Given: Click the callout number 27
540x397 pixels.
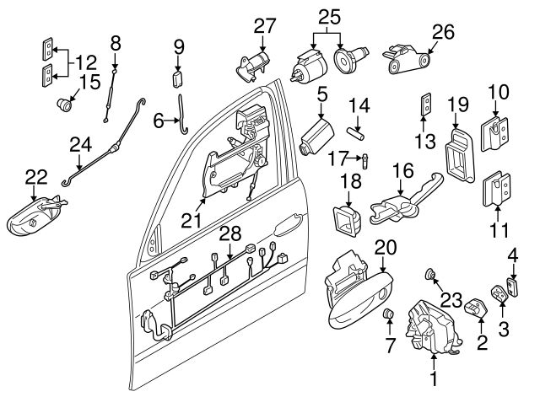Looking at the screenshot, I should pyautogui.click(x=265, y=25).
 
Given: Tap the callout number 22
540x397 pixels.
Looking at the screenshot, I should pyautogui.click(x=35, y=177).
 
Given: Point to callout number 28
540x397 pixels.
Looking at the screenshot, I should pyautogui.click(x=229, y=232).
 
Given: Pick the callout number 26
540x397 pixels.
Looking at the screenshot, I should pyautogui.click(x=443, y=32).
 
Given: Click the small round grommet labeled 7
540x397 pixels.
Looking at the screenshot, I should pyautogui.click(x=390, y=315).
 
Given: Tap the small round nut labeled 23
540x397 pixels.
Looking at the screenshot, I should pyautogui.click(x=430, y=273).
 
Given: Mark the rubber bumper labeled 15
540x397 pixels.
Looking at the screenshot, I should pyautogui.click(x=64, y=105).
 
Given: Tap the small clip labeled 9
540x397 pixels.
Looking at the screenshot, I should pyautogui.click(x=177, y=80).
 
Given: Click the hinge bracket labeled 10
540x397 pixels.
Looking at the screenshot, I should pyautogui.click(x=495, y=129).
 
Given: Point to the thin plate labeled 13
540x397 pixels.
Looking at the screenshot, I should pyautogui.click(x=427, y=106).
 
